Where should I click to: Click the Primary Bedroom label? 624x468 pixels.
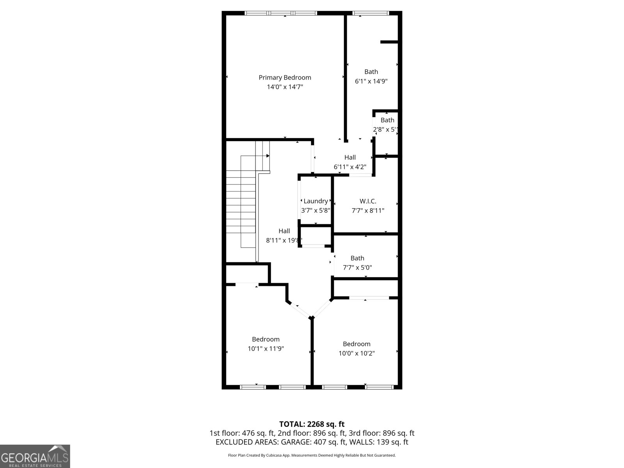point(285,77)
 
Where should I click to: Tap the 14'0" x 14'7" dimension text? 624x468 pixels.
point(285,87)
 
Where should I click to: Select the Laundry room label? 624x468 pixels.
point(316,201)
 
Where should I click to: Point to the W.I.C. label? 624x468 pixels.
point(368,201)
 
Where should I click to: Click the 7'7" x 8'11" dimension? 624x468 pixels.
point(368,211)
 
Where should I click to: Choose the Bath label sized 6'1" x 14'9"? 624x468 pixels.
point(371,71)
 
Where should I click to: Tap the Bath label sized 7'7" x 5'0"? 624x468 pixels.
point(357,258)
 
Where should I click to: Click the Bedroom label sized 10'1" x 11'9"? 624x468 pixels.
point(266,339)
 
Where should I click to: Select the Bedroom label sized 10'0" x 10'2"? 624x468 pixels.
point(356,344)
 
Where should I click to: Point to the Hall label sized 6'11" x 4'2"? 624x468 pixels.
point(350,157)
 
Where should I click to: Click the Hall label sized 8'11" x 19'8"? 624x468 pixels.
point(284,231)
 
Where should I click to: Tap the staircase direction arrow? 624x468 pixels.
point(268,156)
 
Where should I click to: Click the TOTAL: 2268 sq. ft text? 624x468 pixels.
point(312,424)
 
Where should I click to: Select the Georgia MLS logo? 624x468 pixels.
point(35,456)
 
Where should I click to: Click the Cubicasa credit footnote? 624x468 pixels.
point(312,455)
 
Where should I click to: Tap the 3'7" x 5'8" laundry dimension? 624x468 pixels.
point(316,210)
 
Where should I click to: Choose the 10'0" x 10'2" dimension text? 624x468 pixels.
point(356,353)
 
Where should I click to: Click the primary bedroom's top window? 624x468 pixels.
point(281,13)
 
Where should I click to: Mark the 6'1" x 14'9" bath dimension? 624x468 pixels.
point(371,81)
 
